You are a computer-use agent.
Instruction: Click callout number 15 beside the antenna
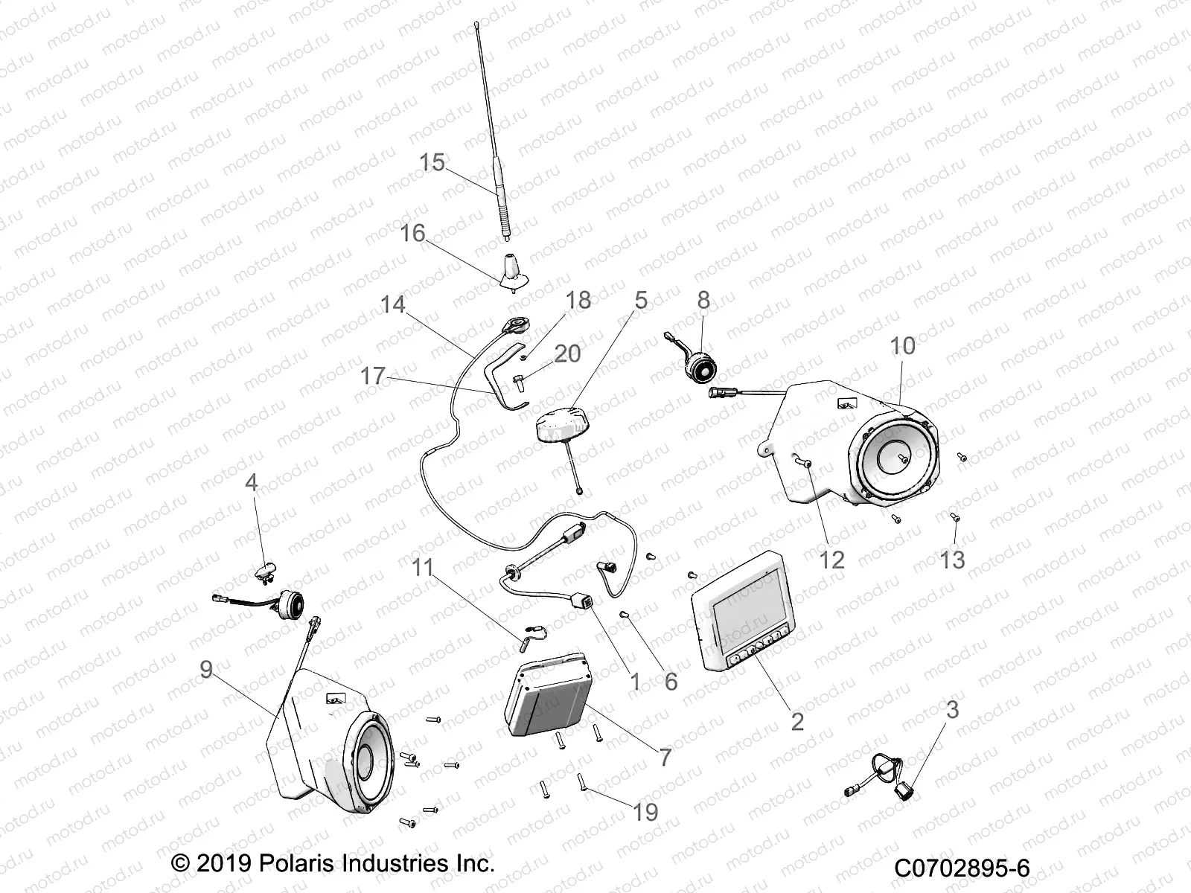tap(432, 162)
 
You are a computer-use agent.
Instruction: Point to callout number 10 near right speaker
tap(902, 346)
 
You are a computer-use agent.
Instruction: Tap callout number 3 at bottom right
tap(952, 710)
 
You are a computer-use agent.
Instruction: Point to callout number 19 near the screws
tap(645, 812)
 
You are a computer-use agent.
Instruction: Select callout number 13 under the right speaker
tap(952, 560)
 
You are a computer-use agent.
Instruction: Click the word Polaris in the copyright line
tap(292, 863)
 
